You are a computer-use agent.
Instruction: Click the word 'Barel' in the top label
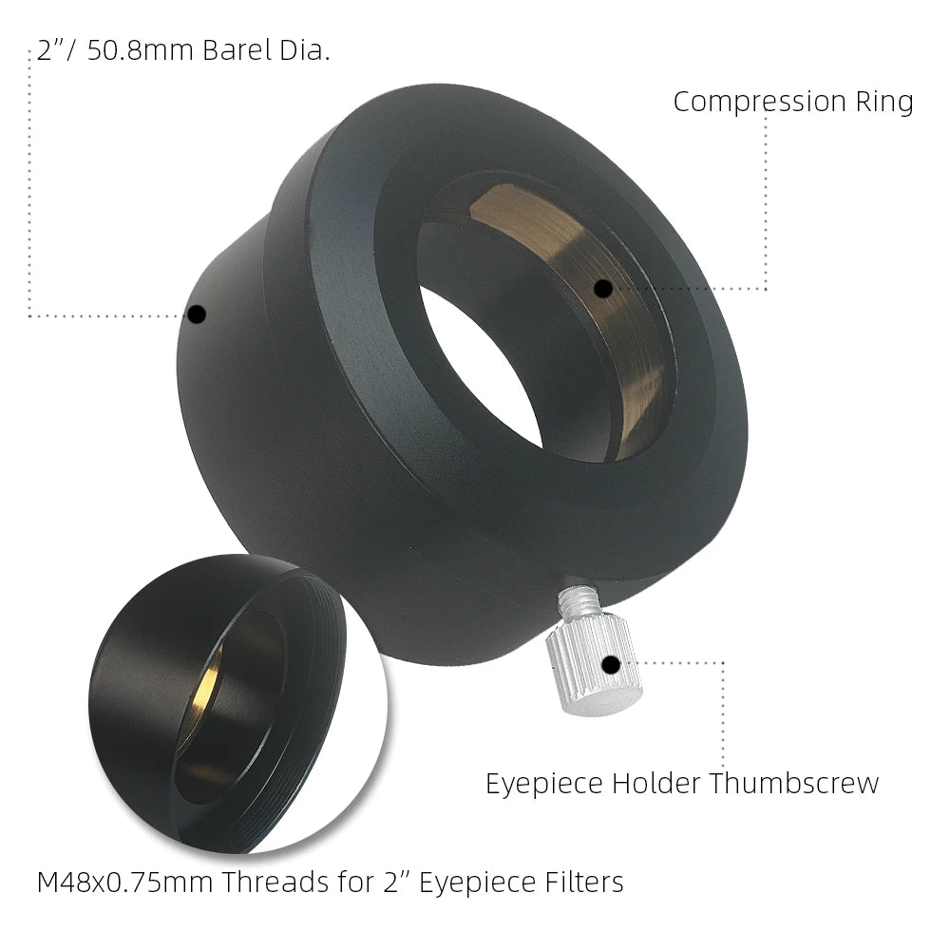pyautogui.click(x=237, y=49)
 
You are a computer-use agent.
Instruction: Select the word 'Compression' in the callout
pyautogui.click(x=759, y=103)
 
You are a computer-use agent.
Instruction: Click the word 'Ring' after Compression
pyautogui.click(x=883, y=103)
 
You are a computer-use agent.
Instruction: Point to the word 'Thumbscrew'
pyautogui.click(x=793, y=784)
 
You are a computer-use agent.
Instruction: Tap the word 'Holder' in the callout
pyautogui.click(x=656, y=784)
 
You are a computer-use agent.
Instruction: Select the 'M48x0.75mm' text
pyautogui.click(x=124, y=883)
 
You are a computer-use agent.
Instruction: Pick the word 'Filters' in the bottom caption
pyautogui.click(x=584, y=883)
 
